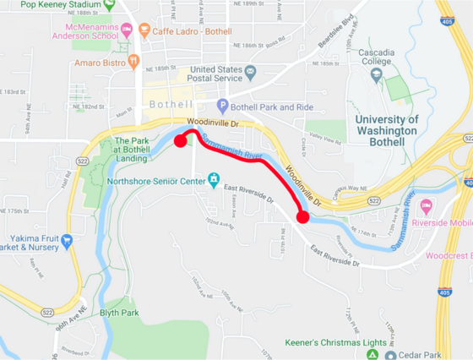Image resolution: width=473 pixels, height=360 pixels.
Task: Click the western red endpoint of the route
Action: [x=180, y=141]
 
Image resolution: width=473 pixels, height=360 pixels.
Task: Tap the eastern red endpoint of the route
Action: [x=303, y=217]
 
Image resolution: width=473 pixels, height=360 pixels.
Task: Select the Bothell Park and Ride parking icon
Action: [x=223, y=106]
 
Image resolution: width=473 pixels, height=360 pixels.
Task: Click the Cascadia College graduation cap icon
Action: [x=377, y=74]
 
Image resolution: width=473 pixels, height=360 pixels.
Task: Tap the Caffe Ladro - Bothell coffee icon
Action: [x=144, y=30]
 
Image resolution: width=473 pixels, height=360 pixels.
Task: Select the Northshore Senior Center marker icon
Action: [x=215, y=180]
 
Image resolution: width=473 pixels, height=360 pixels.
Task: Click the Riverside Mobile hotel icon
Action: [x=427, y=206]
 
